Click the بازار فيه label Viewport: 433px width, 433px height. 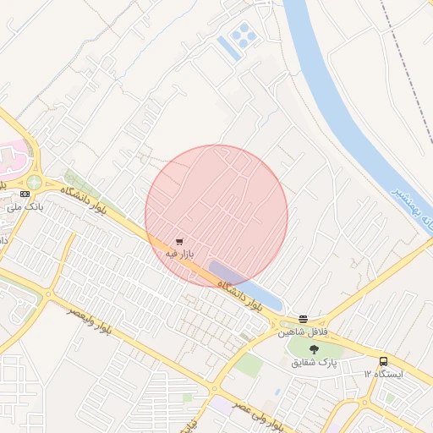[x=179, y=253]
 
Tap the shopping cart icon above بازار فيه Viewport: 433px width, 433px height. [x=179, y=241]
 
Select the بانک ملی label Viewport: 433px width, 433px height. [x=25, y=206]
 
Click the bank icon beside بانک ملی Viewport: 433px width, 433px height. [x=25, y=194]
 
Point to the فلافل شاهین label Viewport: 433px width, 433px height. [x=303, y=332]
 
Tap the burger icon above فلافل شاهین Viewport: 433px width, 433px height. [x=304, y=319]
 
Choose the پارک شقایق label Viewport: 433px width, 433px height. [x=315, y=362]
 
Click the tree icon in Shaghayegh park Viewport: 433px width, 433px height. [x=315, y=348]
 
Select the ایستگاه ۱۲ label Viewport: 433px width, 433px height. [x=384, y=373]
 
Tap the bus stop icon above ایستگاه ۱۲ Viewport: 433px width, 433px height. [x=384, y=361]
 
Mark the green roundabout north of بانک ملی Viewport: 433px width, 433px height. [x=34, y=182]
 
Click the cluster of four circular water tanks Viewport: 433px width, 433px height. [x=243, y=35]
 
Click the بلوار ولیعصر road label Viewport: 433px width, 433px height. [x=99, y=324]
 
